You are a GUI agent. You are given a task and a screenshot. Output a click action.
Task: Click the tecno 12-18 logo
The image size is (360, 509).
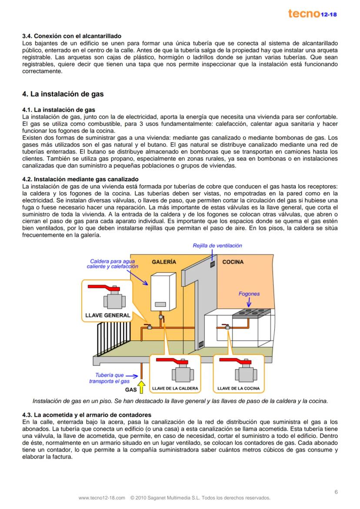click(x=313, y=13)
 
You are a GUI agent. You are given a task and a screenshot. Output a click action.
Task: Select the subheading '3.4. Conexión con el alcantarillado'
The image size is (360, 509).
click(x=71, y=36)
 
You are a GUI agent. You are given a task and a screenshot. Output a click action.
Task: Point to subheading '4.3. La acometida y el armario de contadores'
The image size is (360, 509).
click(x=87, y=415)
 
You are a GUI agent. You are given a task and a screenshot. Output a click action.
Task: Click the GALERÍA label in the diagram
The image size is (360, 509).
click(x=164, y=262)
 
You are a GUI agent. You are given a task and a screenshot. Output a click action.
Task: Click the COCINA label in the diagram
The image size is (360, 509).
click(x=233, y=262)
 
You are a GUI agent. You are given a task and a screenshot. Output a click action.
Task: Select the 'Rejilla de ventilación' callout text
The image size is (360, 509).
click(x=217, y=246)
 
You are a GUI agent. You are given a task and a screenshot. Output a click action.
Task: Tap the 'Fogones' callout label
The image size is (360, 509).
click(x=249, y=294)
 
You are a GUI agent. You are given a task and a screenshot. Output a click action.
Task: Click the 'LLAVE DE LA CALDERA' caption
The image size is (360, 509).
click(x=176, y=388)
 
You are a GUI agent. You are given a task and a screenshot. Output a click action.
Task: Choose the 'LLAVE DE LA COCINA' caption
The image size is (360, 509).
click(x=238, y=388)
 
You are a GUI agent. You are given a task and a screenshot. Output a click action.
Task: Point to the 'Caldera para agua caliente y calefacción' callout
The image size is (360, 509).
click(x=112, y=264)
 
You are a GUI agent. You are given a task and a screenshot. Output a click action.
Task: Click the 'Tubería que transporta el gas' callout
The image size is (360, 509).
click(x=110, y=378)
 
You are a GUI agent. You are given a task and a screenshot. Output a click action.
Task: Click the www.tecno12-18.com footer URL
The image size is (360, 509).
click(x=102, y=498)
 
